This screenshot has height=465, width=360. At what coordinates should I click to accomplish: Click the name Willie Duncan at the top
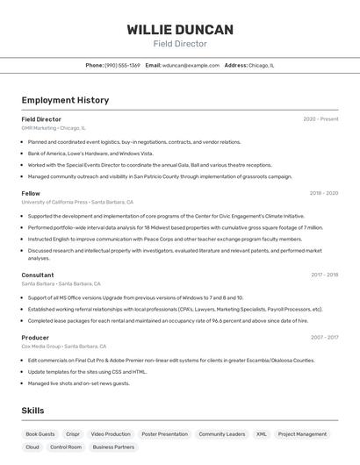point(180,30)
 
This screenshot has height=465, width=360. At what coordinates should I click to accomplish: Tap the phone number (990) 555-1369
point(122,65)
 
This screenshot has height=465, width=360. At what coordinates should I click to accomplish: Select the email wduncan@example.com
point(191,65)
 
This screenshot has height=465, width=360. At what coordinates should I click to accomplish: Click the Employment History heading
point(65,100)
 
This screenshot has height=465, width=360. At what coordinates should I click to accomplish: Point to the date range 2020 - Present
point(320,119)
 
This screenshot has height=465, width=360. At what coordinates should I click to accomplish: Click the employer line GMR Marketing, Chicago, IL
point(54,128)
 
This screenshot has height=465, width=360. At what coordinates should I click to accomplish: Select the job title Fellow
point(31,193)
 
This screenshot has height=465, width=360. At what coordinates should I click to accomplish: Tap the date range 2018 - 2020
point(323,193)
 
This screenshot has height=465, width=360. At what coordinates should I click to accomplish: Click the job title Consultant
point(38,275)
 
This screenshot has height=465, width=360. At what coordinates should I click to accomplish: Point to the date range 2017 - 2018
point(324,275)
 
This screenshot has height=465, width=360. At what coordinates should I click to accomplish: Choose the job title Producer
point(35,337)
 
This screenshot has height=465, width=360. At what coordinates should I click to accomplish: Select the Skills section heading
point(32,411)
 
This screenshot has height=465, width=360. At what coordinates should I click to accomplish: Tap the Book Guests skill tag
point(40,434)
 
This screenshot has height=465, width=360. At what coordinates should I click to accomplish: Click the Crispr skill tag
point(73,434)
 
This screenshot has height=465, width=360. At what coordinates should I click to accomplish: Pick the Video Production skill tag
point(111,434)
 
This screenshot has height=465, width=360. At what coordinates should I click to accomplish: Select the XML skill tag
point(262,434)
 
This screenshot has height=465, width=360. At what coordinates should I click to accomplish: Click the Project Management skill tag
point(302,434)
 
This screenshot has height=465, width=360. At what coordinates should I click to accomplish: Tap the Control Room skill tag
point(66,447)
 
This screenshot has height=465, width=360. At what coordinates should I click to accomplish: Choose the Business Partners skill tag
point(113,447)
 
